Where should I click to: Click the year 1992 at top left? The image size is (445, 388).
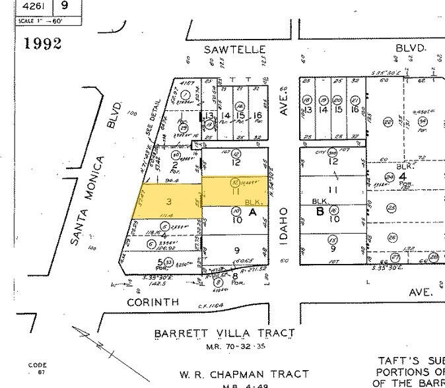click(x=43, y=44)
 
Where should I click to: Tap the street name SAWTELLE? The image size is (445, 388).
click(x=234, y=49)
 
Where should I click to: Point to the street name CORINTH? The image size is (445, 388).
click(x=153, y=302)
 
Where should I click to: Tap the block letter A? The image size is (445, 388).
click(x=252, y=212)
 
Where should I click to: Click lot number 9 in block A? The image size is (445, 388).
click(x=236, y=250)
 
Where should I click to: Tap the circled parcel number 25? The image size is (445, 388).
click(x=392, y=208)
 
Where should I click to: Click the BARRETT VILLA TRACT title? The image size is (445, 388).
click(x=224, y=334)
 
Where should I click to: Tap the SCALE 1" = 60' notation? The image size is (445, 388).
click(x=48, y=20)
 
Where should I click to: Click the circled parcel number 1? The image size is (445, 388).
click(x=186, y=96)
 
